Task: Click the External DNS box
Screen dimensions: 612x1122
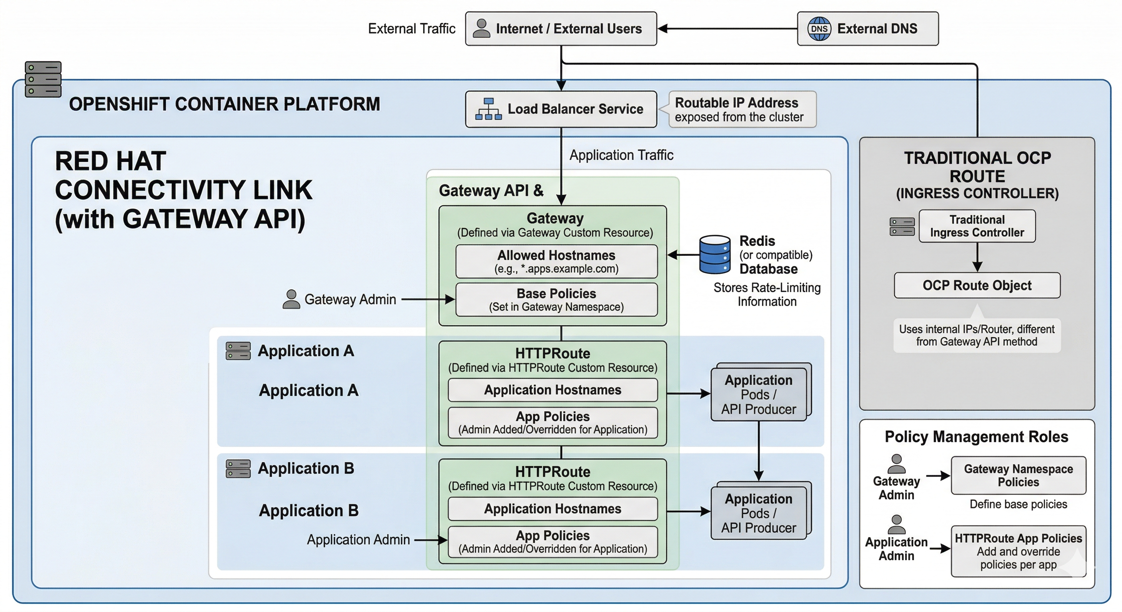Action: [868, 29]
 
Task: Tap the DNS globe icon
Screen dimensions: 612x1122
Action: [819, 29]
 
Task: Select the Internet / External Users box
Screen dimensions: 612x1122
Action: [561, 29]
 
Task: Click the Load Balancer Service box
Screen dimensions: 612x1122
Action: [561, 109]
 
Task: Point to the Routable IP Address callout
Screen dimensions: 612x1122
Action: [742, 109]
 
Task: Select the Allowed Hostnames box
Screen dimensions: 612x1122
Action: [556, 261]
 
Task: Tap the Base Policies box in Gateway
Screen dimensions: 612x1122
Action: [556, 300]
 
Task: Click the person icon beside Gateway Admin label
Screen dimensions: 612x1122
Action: [291, 299]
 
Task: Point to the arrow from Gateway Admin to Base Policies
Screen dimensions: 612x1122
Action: [427, 299]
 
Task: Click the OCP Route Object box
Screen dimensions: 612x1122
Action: [977, 285]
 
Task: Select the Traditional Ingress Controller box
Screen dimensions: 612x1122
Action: [977, 226]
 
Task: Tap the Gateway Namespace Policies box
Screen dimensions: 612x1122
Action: [1018, 475]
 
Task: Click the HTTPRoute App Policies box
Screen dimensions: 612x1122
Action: [1018, 551]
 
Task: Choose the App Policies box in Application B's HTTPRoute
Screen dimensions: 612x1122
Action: [552, 541]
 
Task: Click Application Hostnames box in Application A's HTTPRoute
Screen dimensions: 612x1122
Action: [552, 390]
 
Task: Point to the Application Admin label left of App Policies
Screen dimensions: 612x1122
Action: [358, 540]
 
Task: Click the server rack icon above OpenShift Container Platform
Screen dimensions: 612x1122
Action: [43, 79]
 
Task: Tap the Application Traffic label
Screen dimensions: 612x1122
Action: [621, 155]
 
